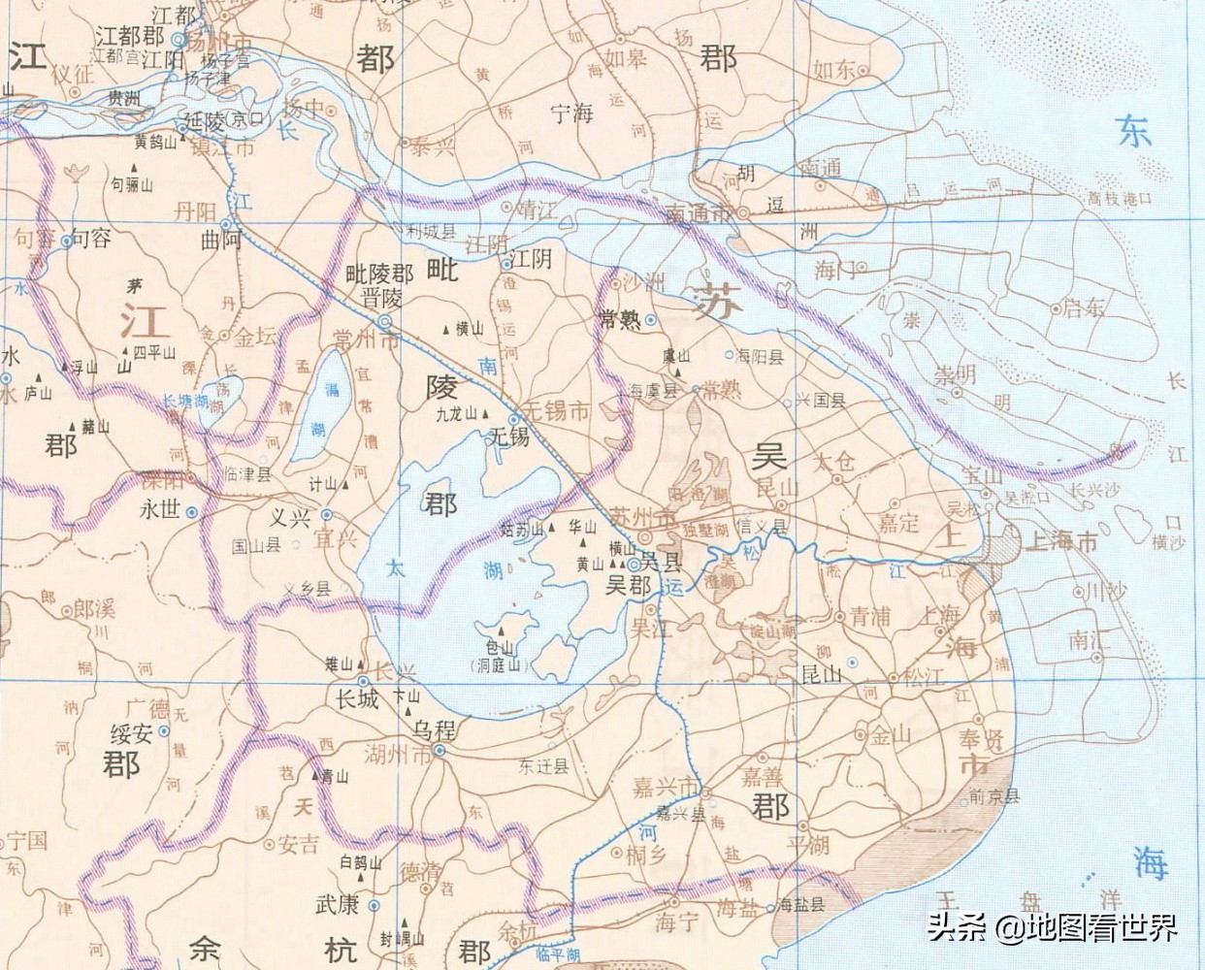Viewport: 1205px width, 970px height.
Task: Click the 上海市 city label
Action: coord(1061,541)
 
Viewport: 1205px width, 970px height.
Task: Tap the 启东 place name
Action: coord(1083,308)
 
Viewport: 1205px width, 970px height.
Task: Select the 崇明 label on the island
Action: coord(955,376)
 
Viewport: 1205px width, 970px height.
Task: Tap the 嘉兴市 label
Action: coord(666,786)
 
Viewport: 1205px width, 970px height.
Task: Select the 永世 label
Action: coord(160,508)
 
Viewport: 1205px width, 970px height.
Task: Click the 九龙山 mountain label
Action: coord(457,413)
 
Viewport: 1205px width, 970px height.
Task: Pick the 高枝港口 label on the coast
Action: coord(1120,198)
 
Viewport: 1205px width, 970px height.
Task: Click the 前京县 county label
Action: coord(994,797)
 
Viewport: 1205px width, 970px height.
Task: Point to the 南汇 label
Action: coord(1087,639)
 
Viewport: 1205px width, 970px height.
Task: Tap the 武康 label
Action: coord(337,904)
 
